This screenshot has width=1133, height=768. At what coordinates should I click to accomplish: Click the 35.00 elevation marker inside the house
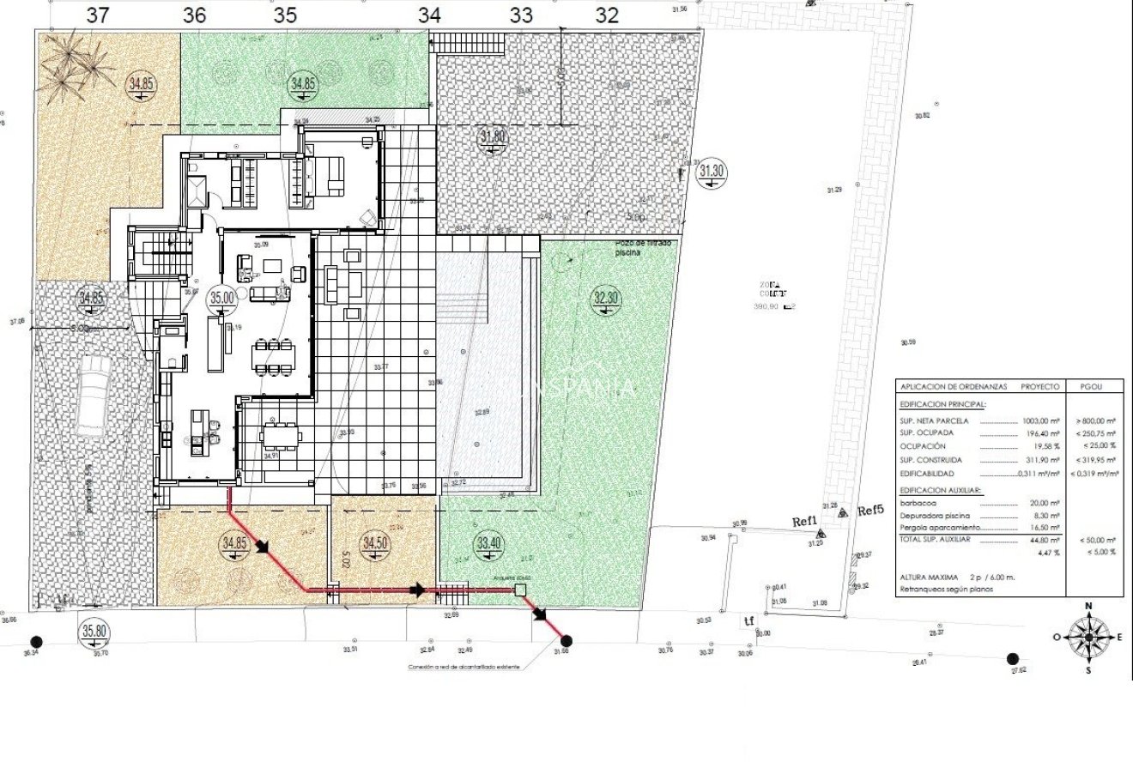222,298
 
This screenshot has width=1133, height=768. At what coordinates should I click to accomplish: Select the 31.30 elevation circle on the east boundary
712,172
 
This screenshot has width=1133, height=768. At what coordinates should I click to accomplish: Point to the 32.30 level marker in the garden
606,299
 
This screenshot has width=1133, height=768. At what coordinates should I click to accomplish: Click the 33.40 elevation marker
488,543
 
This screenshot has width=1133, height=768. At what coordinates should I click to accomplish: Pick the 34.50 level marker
375,544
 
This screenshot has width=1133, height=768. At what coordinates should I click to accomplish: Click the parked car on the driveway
93,396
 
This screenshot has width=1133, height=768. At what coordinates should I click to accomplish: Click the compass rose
1088,637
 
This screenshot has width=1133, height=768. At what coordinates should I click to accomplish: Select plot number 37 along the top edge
99,15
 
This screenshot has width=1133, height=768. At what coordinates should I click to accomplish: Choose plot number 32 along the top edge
607,15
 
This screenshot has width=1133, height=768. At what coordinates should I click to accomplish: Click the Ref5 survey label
870,511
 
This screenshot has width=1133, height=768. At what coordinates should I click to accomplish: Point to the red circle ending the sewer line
566,639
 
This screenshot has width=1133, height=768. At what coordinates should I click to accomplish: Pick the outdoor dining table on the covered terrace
282,437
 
